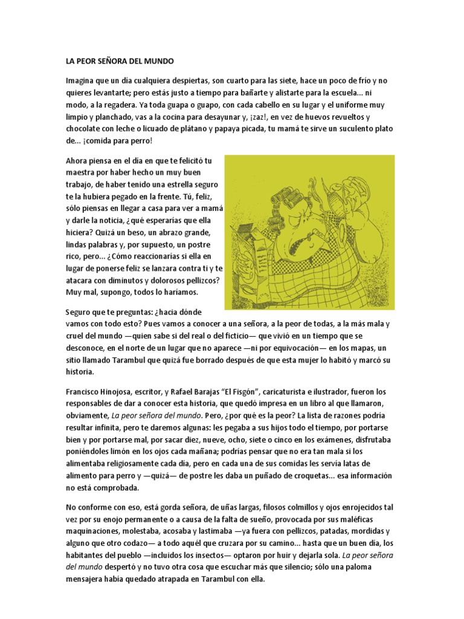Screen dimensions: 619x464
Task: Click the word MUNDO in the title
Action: pyautogui.click(x=157, y=62)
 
